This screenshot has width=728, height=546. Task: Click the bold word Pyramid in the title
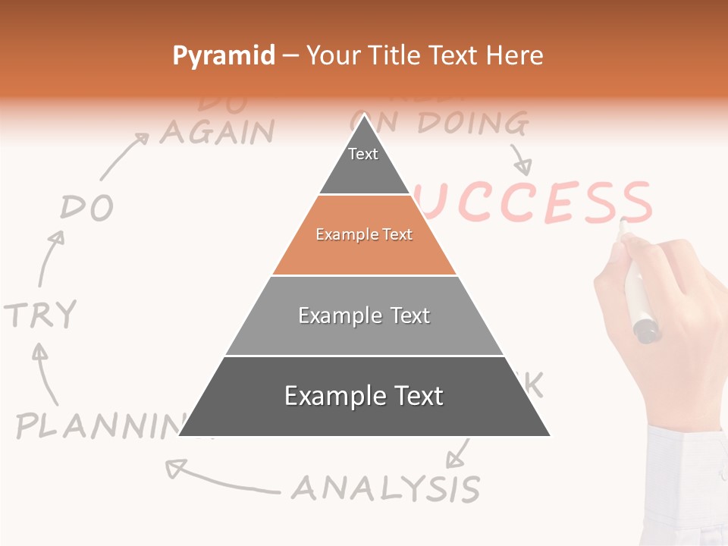click(224, 55)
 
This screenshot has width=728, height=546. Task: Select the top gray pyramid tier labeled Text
click(363, 159)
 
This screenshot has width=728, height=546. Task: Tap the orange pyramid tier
click(364, 235)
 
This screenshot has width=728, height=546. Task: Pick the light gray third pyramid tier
click(364, 315)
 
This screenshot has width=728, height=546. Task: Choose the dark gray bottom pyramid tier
click(364, 397)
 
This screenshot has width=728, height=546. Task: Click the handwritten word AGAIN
click(217, 133)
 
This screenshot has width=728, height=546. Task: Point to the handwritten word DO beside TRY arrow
click(87, 207)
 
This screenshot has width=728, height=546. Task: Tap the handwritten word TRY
click(40, 313)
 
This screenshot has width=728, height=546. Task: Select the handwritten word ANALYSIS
click(386, 488)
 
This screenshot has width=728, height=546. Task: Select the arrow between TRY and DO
click(51, 256)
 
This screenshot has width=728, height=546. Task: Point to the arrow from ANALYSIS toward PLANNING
click(220, 478)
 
